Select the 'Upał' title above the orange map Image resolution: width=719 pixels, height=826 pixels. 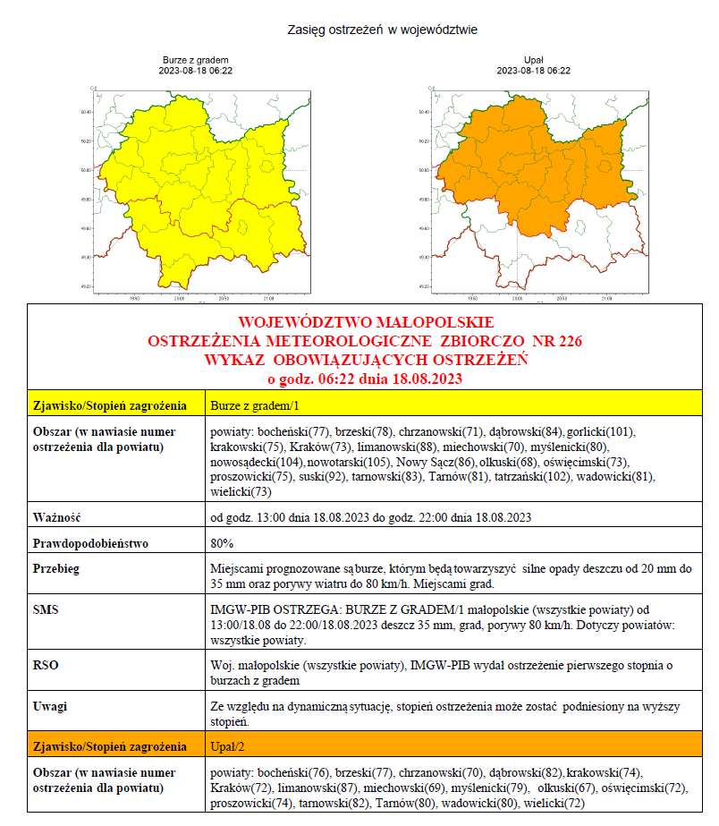click(x=533, y=60)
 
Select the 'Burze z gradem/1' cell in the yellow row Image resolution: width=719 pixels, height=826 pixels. click(x=248, y=405)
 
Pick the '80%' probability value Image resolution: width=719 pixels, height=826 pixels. click(x=222, y=543)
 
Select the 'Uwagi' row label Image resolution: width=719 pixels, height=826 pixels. click(x=51, y=706)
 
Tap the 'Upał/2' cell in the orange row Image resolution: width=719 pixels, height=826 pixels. click(x=229, y=746)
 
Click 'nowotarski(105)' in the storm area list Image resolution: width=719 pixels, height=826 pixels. click(x=346, y=462)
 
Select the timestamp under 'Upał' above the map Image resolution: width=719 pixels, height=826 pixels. click(x=533, y=71)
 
